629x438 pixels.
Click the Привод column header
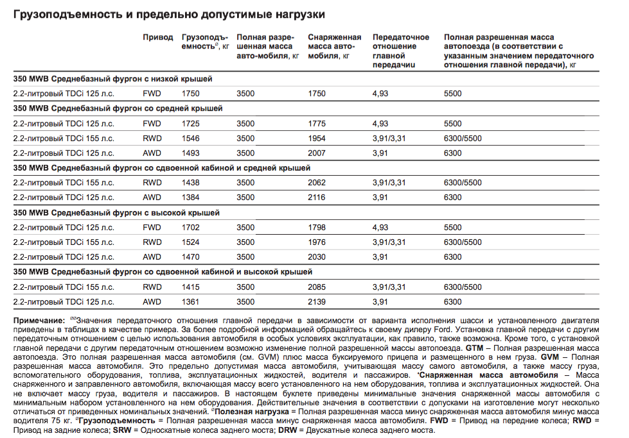pos(157,38)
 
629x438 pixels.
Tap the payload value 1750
pos(191,94)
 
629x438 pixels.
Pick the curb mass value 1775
pos(317,123)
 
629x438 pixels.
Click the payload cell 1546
pos(191,138)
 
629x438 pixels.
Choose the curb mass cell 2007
pos(317,153)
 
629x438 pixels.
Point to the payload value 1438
pos(191,183)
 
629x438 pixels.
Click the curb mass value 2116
pos(317,198)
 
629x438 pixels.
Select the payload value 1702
pos(191,227)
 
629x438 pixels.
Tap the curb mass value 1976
pos(317,242)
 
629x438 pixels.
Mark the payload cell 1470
pos(191,257)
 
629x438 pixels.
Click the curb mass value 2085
pos(317,287)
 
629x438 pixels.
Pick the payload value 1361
pos(191,302)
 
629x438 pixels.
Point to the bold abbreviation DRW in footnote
pos(287,430)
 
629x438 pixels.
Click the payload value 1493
pos(191,153)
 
